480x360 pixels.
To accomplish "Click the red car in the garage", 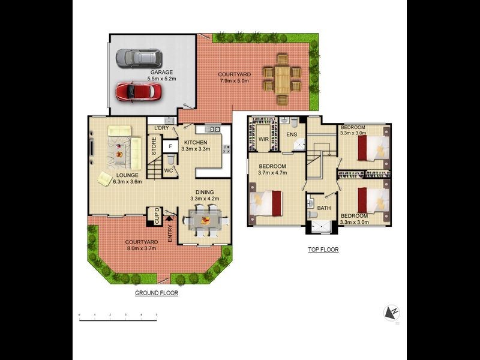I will coord(139,92).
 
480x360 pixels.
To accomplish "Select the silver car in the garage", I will coord(139,58).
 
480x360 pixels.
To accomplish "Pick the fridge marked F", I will coord(170,145).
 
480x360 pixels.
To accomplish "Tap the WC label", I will coord(169,170).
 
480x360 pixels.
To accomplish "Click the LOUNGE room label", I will coord(127,175).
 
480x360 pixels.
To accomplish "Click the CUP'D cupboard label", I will coord(157,217).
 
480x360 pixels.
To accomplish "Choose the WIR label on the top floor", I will coord(263,139).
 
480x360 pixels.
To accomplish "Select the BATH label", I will coord(324,208).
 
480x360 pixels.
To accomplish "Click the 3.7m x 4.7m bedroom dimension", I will coord(273,172).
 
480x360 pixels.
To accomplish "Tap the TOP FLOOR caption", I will coord(324,249).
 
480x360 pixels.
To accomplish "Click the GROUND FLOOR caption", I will coord(156,293).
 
